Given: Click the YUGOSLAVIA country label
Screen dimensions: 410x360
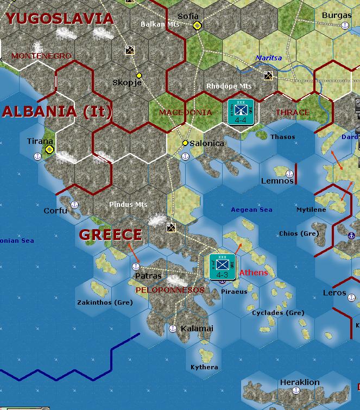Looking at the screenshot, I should click(60, 19).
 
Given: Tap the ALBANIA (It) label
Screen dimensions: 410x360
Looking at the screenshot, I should click(57, 112).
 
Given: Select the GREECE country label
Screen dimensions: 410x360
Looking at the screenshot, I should click(111, 235).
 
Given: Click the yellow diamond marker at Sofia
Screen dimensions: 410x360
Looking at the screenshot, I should click(197, 26).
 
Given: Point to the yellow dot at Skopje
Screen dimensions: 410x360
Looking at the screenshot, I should click(139, 75).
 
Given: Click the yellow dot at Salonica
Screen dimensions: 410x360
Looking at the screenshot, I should click(185, 143).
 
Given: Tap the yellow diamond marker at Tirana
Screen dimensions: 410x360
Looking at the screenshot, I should click(49, 149).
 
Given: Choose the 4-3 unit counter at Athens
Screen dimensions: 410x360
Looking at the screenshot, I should click(223, 267).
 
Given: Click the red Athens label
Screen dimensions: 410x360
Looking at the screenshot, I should click(254, 273).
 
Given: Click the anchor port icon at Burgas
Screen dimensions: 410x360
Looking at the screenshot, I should click(344, 26).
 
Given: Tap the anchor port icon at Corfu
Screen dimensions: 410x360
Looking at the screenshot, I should click(75, 205).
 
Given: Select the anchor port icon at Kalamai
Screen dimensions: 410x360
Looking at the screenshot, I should click(173, 328).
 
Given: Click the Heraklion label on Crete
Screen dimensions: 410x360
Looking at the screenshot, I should click(300, 382).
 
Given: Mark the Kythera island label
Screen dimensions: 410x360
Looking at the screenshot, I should click(204, 367).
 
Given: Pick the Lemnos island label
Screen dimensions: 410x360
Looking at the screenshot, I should click(277, 181).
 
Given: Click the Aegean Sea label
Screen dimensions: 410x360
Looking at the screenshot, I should click(251, 210).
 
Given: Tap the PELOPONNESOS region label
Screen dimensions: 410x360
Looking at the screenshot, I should click(169, 290).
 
